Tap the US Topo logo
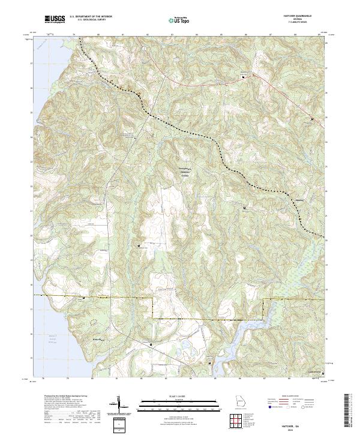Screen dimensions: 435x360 tap(178, 20)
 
